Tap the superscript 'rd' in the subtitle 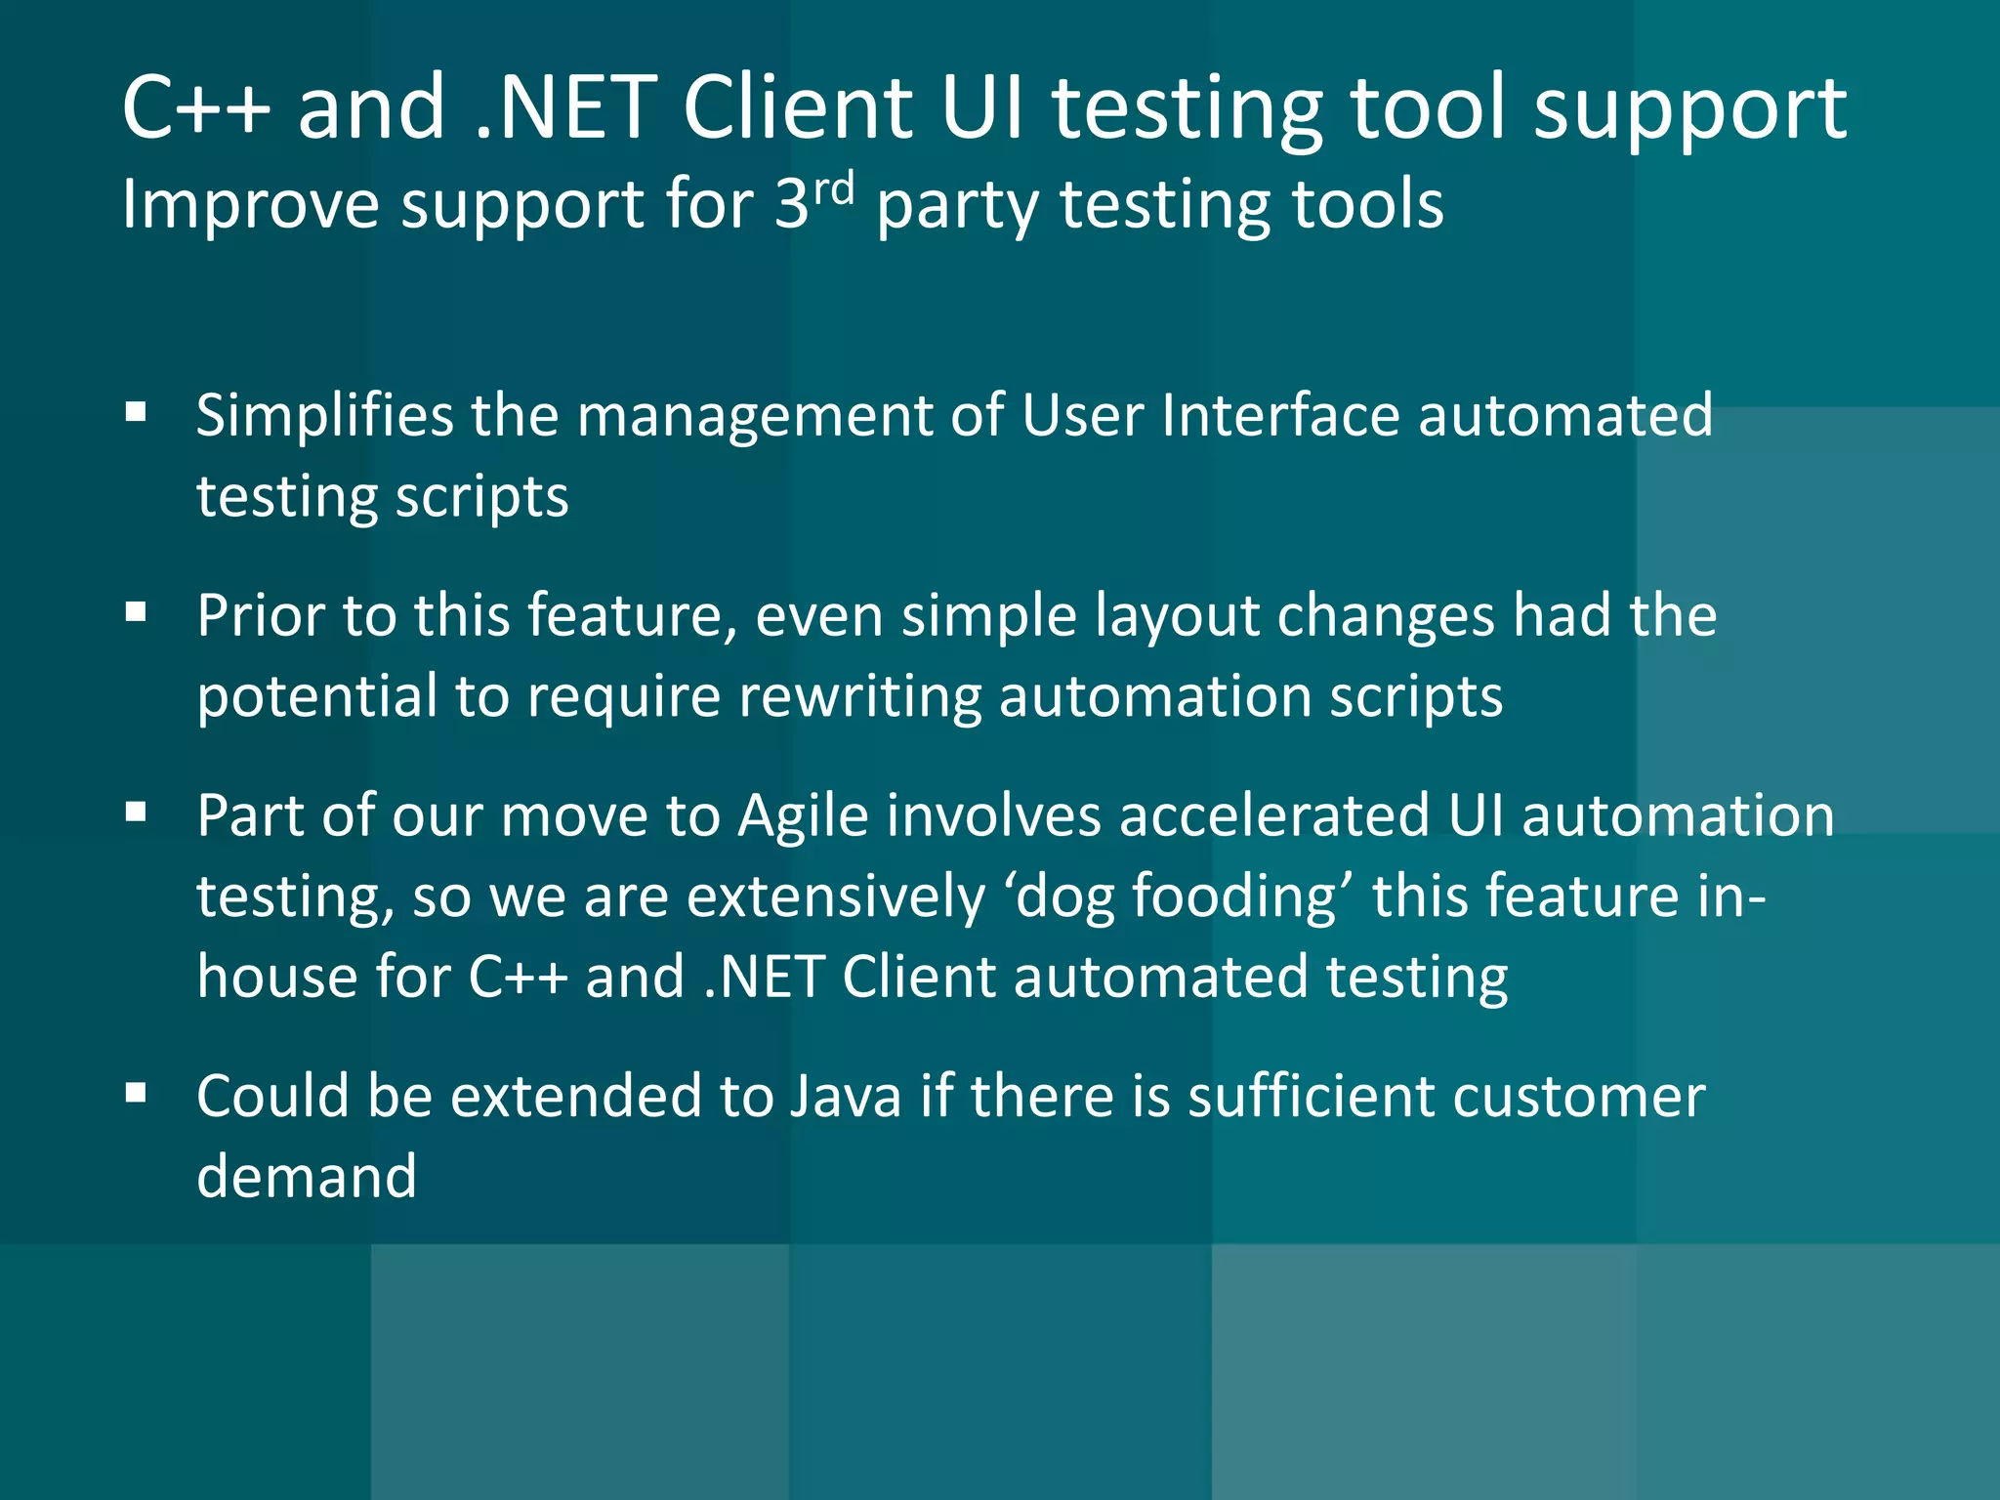click(x=834, y=189)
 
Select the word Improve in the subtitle click(x=250, y=206)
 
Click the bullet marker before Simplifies click(x=136, y=412)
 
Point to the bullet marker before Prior click(x=136, y=612)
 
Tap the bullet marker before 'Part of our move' click(x=136, y=812)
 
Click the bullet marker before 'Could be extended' click(x=136, y=1093)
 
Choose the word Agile click(x=803, y=817)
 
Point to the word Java click(x=846, y=1096)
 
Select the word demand click(x=307, y=1176)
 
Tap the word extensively click(x=836, y=897)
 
